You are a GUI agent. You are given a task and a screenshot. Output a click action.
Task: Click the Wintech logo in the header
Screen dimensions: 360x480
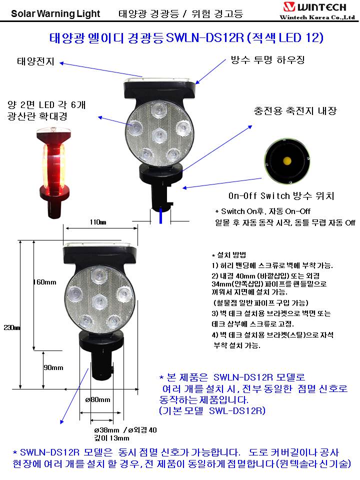point(317,10)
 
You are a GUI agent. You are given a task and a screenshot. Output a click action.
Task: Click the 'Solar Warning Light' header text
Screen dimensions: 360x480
point(55,13)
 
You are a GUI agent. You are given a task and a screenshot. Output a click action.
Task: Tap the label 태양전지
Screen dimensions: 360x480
point(35,61)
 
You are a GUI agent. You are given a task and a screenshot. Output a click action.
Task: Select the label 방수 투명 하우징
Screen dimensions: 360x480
point(267,59)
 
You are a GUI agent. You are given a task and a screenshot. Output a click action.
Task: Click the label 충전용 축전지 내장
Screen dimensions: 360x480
point(295,110)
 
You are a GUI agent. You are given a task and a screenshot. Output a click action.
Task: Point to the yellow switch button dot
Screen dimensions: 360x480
point(287,160)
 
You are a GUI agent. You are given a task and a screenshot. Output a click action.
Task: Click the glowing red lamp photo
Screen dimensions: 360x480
point(54,173)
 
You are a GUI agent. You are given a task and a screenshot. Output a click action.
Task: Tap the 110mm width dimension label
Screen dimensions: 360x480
point(98,222)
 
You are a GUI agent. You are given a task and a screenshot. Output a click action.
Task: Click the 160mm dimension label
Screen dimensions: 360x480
point(44,282)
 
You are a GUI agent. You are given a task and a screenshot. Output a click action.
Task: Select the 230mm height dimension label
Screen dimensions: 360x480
point(11,328)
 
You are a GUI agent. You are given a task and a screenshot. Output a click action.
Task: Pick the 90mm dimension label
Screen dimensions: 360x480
point(53,367)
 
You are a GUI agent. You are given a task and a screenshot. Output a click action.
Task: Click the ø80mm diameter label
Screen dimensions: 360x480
point(97,399)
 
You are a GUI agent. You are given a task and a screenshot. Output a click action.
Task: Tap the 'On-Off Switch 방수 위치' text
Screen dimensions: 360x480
point(281,196)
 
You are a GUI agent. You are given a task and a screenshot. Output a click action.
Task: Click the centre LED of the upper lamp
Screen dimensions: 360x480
point(160,134)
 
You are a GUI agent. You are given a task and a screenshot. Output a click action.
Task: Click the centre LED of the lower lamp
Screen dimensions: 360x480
point(99,301)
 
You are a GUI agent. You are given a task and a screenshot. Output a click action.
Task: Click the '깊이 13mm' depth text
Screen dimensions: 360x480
point(111,438)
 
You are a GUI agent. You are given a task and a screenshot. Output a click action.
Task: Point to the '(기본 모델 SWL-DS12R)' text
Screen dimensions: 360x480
point(212,410)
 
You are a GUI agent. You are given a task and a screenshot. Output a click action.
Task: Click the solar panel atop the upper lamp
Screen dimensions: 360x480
point(159,79)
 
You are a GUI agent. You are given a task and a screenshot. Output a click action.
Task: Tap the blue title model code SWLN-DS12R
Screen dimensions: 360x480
point(205,37)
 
